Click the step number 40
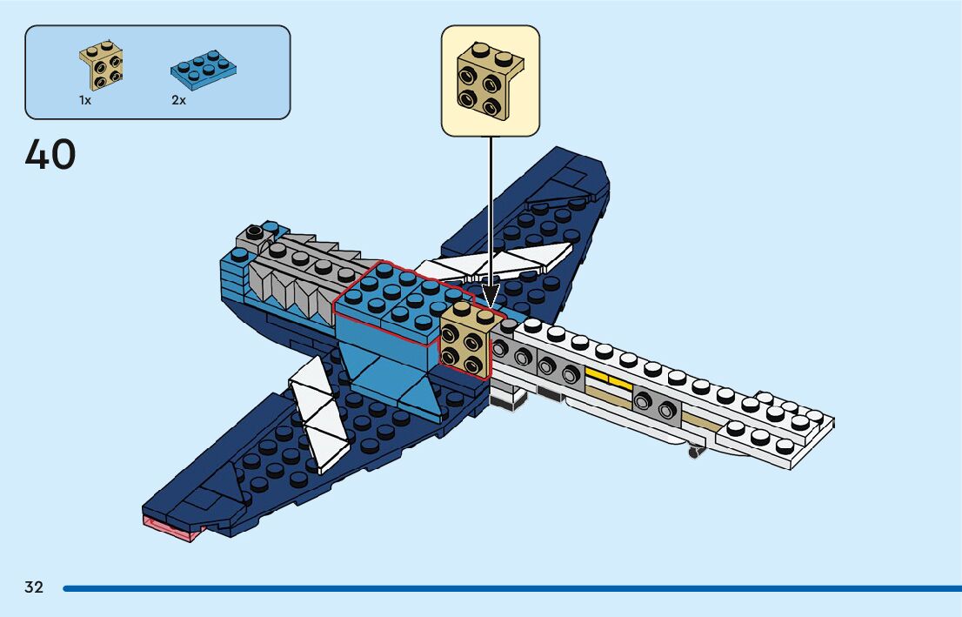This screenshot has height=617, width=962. point(50,156)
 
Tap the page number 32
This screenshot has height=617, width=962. point(34,587)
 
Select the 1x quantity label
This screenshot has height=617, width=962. point(85,101)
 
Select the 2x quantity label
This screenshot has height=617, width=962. point(178,101)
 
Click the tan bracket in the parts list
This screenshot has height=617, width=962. point(101,66)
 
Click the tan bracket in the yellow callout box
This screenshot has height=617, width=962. point(490,80)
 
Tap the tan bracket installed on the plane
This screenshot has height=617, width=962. point(466,341)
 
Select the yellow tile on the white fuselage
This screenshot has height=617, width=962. point(608,381)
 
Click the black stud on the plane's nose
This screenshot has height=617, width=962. point(253,232)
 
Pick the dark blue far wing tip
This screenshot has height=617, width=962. point(574,174)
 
